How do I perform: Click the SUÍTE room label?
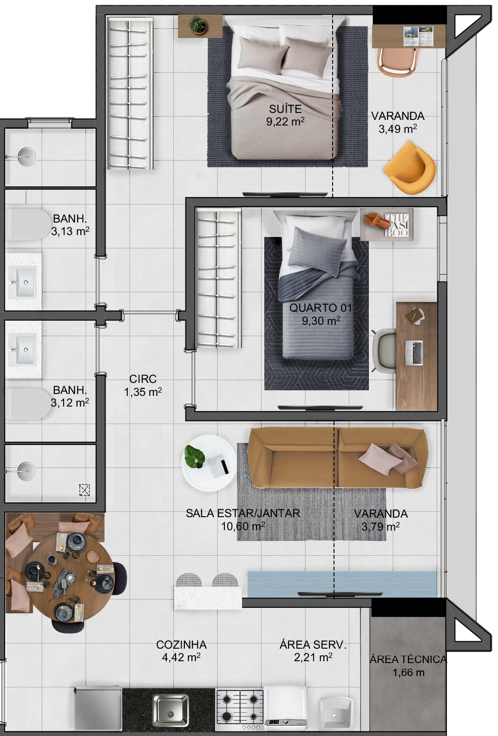[285, 109]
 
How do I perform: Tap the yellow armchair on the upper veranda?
[410, 168]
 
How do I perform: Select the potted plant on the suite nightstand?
[197, 25]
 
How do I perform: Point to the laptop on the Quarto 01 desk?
[414, 353]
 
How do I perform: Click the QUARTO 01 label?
[321, 308]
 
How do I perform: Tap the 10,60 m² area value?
[243, 526]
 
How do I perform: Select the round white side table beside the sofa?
[209, 463]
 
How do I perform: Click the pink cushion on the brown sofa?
[380, 459]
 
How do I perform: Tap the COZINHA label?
[181, 644]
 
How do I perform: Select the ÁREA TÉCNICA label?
[408, 659]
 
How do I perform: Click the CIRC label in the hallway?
[143, 379]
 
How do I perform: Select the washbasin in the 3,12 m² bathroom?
[22, 349]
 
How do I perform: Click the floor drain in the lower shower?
[85, 490]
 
